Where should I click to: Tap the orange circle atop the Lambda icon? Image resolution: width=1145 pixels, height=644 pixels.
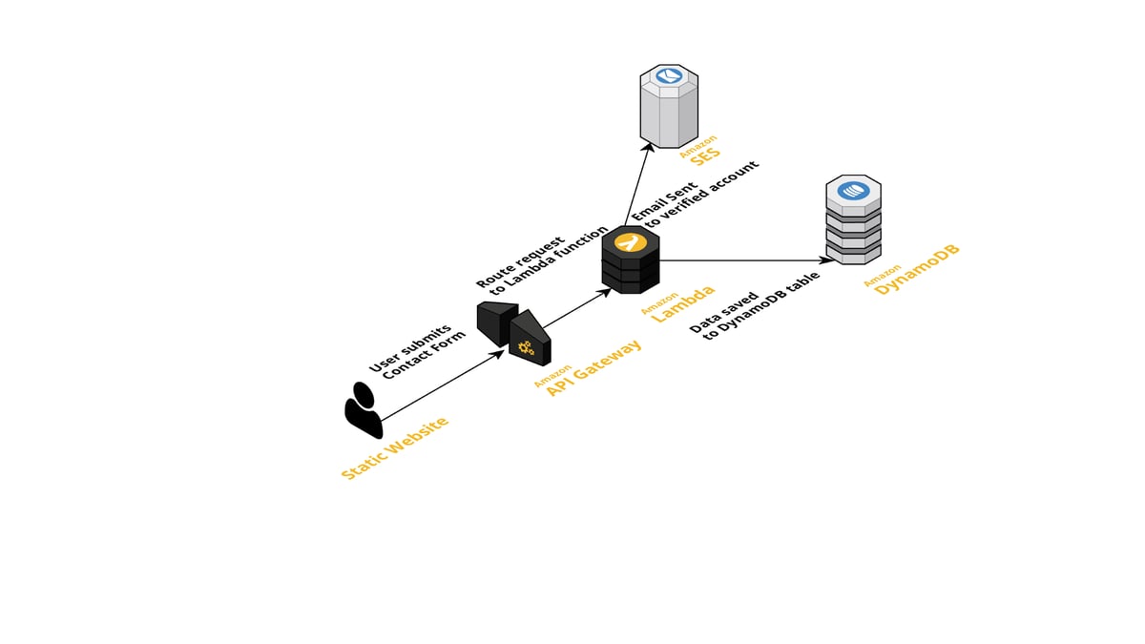(x=629, y=242)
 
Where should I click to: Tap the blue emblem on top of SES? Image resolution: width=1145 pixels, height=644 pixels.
(x=668, y=76)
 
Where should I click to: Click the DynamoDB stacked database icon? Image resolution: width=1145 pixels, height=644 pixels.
(x=852, y=220)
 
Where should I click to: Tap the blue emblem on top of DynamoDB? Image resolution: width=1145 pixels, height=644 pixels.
(x=852, y=191)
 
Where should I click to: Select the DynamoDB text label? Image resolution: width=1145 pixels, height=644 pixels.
(x=917, y=270)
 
